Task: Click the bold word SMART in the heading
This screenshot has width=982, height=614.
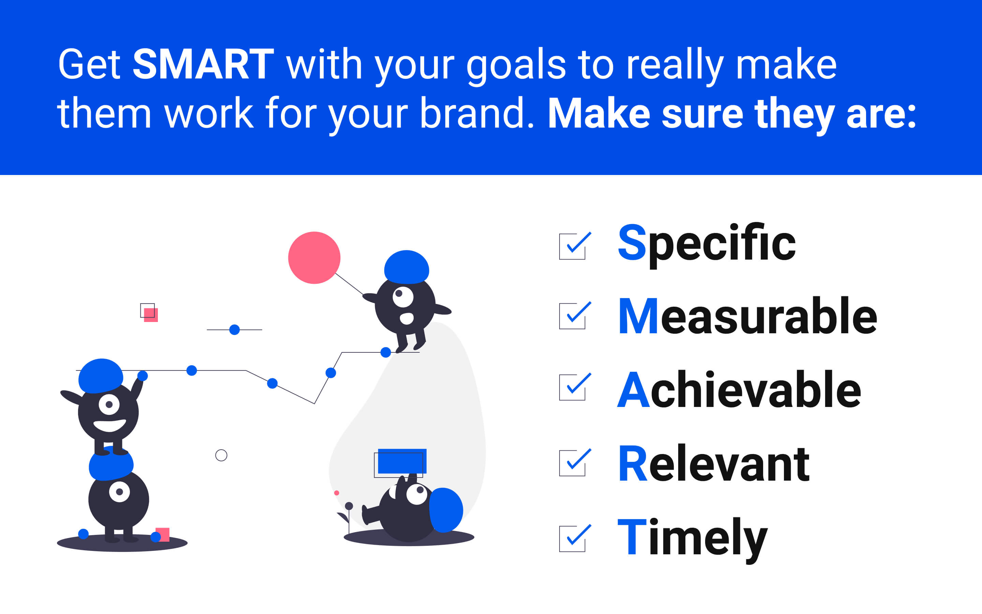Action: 203,64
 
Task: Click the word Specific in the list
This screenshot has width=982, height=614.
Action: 706,245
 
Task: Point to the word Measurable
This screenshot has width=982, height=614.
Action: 747,316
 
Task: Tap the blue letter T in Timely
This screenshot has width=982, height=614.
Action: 632,537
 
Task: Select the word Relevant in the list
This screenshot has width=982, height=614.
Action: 714,464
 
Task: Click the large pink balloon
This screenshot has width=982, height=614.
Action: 314,258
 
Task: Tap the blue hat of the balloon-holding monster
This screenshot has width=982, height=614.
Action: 406,267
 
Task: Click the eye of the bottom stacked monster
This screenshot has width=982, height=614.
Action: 119,492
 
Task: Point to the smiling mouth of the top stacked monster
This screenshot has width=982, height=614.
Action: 109,426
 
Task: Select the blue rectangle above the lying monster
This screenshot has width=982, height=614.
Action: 402,461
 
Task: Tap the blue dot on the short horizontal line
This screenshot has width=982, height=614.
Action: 235,330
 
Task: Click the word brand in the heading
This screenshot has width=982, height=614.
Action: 472,113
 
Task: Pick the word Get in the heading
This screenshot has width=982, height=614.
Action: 89,64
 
